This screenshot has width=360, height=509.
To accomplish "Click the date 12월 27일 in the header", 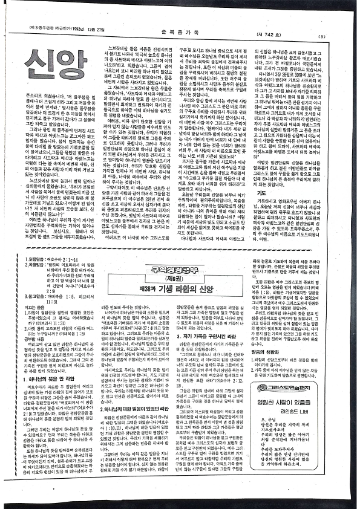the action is click(95, 31).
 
